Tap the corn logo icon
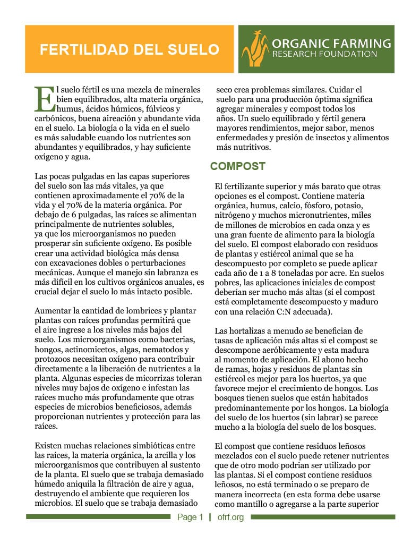click(x=256, y=49)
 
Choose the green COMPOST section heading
click(x=238, y=166)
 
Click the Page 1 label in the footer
click(x=190, y=517)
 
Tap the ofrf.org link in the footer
click(x=230, y=517)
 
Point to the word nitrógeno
click(x=234, y=216)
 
